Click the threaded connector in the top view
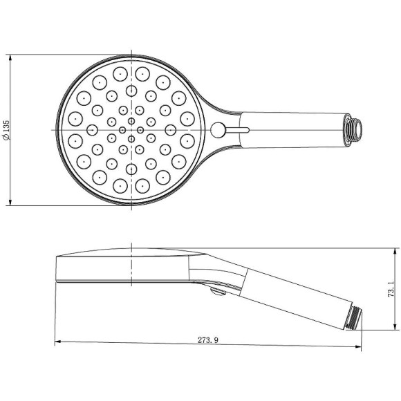355,129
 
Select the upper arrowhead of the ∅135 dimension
10,58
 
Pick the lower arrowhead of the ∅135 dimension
10,201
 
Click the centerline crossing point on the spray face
131,129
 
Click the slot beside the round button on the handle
239,129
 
